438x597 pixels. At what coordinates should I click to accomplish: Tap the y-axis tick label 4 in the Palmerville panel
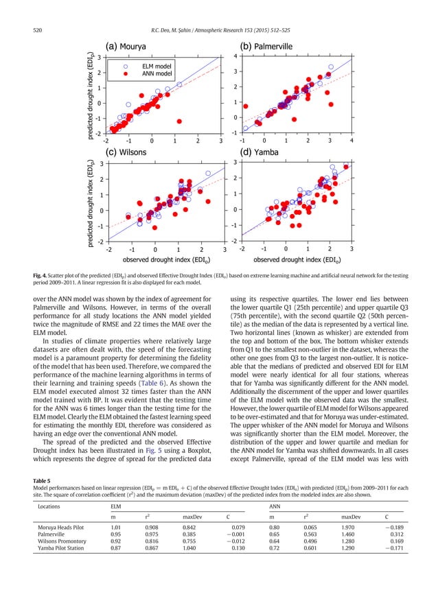pos(235,56)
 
